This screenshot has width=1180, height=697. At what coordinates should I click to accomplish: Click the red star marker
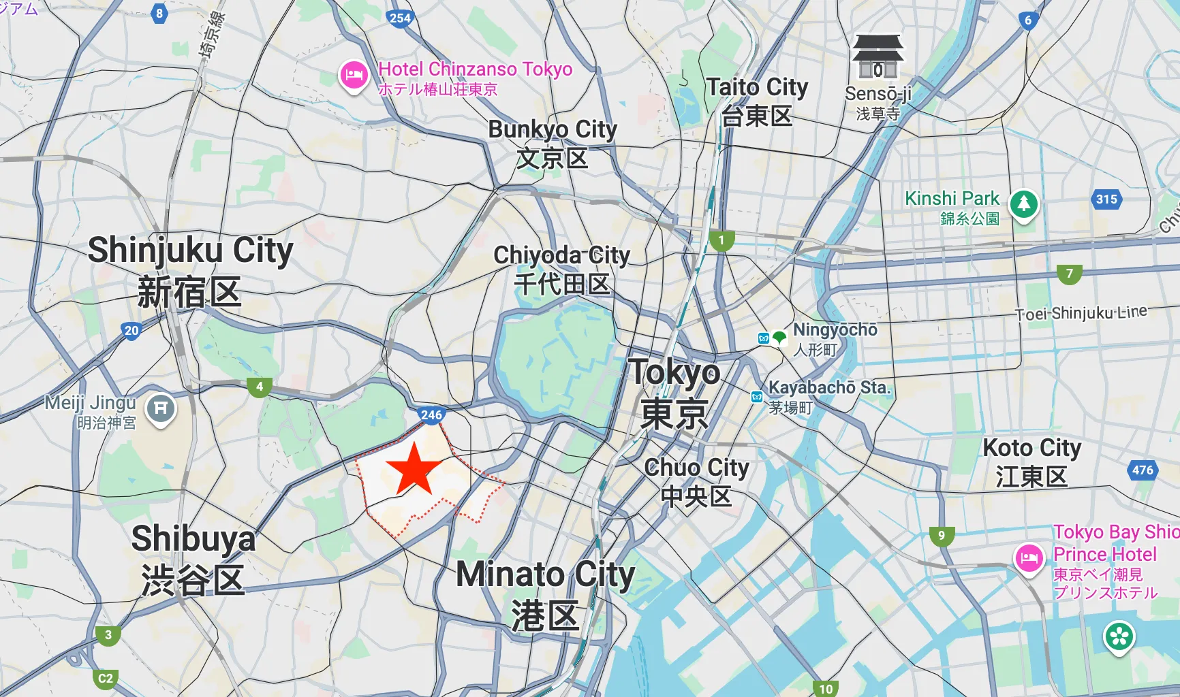click(x=414, y=468)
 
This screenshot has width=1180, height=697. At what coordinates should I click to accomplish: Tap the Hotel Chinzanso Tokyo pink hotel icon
click(x=354, y=76)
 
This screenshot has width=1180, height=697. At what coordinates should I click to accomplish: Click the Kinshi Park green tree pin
click(x=1023, y=204)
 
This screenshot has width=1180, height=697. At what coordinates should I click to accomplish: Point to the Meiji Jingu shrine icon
click(x=160, y=409)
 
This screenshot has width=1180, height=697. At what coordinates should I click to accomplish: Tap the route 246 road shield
click(x=431, y=415)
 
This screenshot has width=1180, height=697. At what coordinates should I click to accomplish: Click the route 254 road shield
click(x=400, y=18)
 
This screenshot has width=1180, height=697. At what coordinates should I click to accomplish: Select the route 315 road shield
click(x=1106, y=199)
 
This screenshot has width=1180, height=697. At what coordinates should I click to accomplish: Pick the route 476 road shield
click(x=1143, y=470)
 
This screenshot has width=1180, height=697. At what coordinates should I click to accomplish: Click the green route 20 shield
click(x=131, y=331)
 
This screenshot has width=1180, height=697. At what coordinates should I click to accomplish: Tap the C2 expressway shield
click(x=106, y=678)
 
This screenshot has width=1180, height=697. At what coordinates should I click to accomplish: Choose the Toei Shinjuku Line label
click(x=1081, y=313)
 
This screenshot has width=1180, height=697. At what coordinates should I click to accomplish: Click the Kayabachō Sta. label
click(x=829, y=388)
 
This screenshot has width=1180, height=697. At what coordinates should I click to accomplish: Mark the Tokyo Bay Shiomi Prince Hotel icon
click(x=1029, y=558)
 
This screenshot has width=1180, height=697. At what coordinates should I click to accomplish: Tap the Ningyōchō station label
click(x=835, y=330)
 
